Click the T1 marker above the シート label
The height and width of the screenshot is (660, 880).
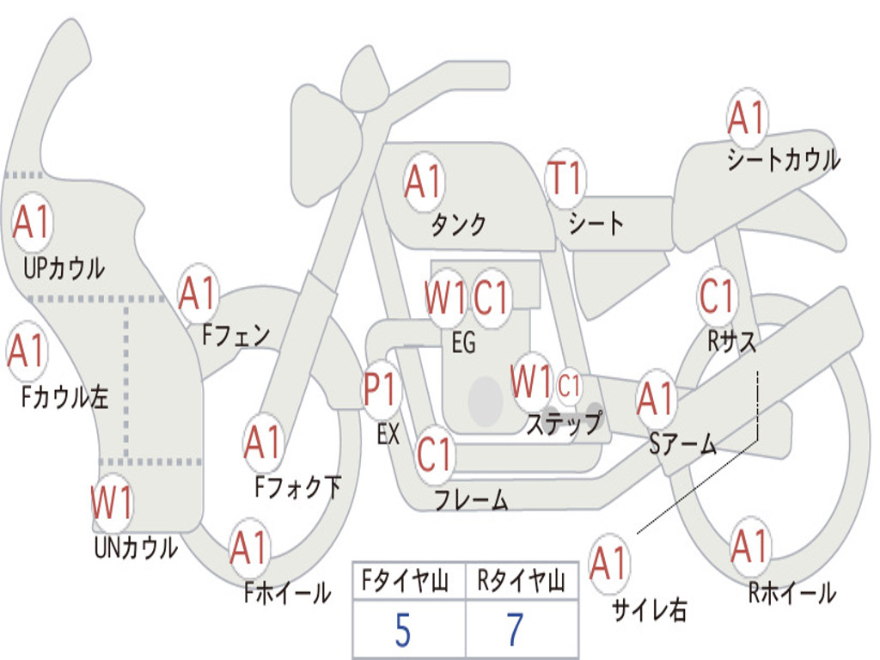[565, 178]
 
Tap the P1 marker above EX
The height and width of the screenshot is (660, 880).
[382, 389]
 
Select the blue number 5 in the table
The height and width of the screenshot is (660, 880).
[403, 630]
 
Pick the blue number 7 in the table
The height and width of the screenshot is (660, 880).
[516, 629]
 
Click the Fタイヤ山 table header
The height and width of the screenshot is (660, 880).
[405, 581]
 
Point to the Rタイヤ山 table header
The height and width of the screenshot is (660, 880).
[522, 581]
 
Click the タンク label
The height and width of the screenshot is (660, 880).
[459, 224]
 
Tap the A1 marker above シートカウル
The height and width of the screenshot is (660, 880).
[747, 117]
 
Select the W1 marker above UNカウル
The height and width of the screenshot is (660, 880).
[112, 503]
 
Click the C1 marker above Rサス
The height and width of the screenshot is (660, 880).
[717, 296]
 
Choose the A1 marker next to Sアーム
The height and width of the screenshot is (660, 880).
[655, 398]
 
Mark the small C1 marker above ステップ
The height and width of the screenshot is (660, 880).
[569, 386]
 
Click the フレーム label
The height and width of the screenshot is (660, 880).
[471, 499]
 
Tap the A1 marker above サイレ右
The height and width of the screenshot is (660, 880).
[609, 562]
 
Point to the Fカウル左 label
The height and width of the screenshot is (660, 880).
[64, 397]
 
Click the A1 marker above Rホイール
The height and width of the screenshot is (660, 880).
[749, 546]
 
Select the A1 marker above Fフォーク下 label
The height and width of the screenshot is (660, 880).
[263, 442]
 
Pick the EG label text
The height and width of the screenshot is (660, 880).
[463, 342]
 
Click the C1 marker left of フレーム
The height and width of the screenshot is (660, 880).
[434, 454]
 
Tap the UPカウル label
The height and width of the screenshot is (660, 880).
[64, 268]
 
